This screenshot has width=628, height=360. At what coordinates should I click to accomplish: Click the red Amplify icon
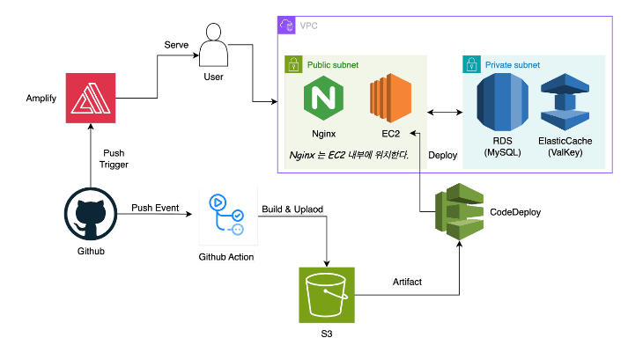pyautogui.click(x=92, y=97)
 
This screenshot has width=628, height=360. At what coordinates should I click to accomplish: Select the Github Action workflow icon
pyautogui.click(x=225, y=215)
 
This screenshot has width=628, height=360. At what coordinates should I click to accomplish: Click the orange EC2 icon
pyautogui.click(x=391, y=99)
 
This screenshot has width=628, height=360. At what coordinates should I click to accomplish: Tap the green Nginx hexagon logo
pyautogui.click(x=325, y=99)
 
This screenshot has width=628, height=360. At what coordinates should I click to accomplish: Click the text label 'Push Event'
pyautogui.click(x=155, y=209)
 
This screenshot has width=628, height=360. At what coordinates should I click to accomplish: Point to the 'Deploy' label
pyautogui.click(x=442, y=156)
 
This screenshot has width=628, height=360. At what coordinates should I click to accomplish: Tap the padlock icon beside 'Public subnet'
pyautogui.click(x=293, y=65)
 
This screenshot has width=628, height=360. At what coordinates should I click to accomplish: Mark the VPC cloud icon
pyautogui.click(x=286, y=26)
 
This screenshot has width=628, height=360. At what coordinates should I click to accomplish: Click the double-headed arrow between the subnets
pyautogui.click(x=445, y=112)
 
